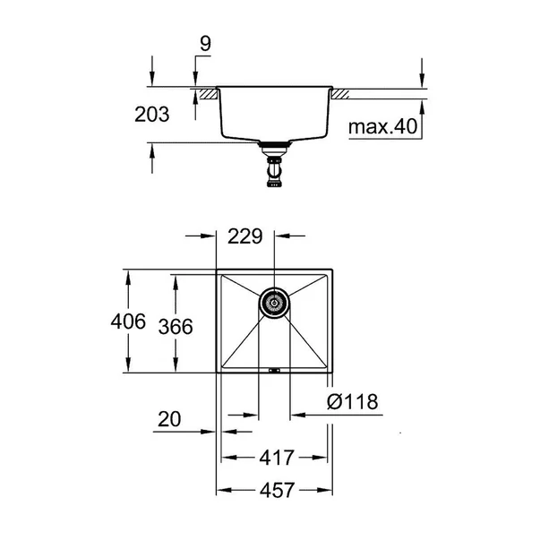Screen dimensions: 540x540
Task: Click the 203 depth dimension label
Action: click(x=152, y=115)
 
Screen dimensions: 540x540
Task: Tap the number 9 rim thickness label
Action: click(x=205, y=44)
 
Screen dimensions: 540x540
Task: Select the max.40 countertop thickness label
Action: click(x=382, y=126)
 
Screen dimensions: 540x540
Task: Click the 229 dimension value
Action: click(x=244, y=236)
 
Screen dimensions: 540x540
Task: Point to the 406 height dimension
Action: click(x=128, y=321)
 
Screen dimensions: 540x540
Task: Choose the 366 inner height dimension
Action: click(x=176, y=327)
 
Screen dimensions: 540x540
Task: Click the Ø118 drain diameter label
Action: click(x=352, y=401)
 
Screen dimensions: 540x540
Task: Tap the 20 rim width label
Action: click(x=169, y=419)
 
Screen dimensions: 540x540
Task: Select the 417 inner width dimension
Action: click(x=277, y=458)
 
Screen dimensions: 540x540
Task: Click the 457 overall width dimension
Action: click(x=278, y=490)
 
